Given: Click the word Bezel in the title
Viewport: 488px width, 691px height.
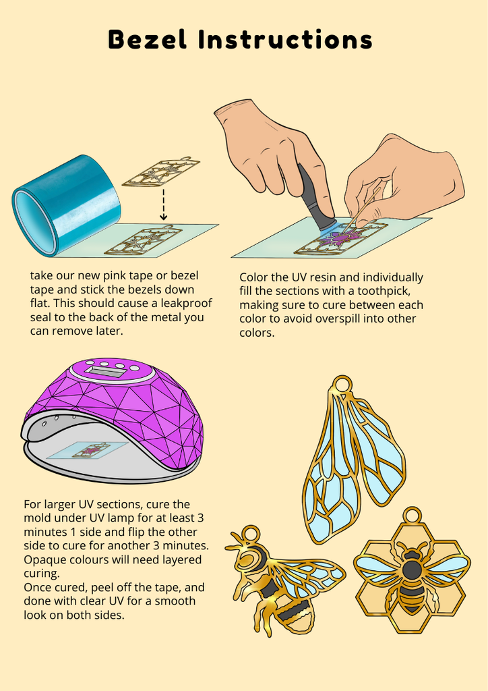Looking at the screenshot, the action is [x=148, y=39].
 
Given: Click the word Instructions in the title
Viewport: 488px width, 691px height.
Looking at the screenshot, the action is [x=286, y=39].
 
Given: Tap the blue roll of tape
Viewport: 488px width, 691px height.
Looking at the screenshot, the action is [x=66, y=205].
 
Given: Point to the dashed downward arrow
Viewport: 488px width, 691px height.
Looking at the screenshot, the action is [x=163, y=204].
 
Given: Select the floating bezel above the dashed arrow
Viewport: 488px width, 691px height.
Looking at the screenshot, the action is [x=161, y=171].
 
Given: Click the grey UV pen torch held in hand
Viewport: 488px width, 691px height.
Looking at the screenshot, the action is [x=315, y=198].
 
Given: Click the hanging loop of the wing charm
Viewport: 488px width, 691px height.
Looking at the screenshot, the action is [x=342, y=384].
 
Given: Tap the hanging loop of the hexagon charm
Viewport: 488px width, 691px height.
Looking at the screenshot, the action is [x=413, y=516].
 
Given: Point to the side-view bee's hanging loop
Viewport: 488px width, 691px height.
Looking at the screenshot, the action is [x=250, y=534].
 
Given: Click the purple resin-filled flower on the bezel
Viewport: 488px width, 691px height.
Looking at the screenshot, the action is [x=341, y=239].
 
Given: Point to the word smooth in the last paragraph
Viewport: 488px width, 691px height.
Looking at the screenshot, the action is [x=175, y=601].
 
